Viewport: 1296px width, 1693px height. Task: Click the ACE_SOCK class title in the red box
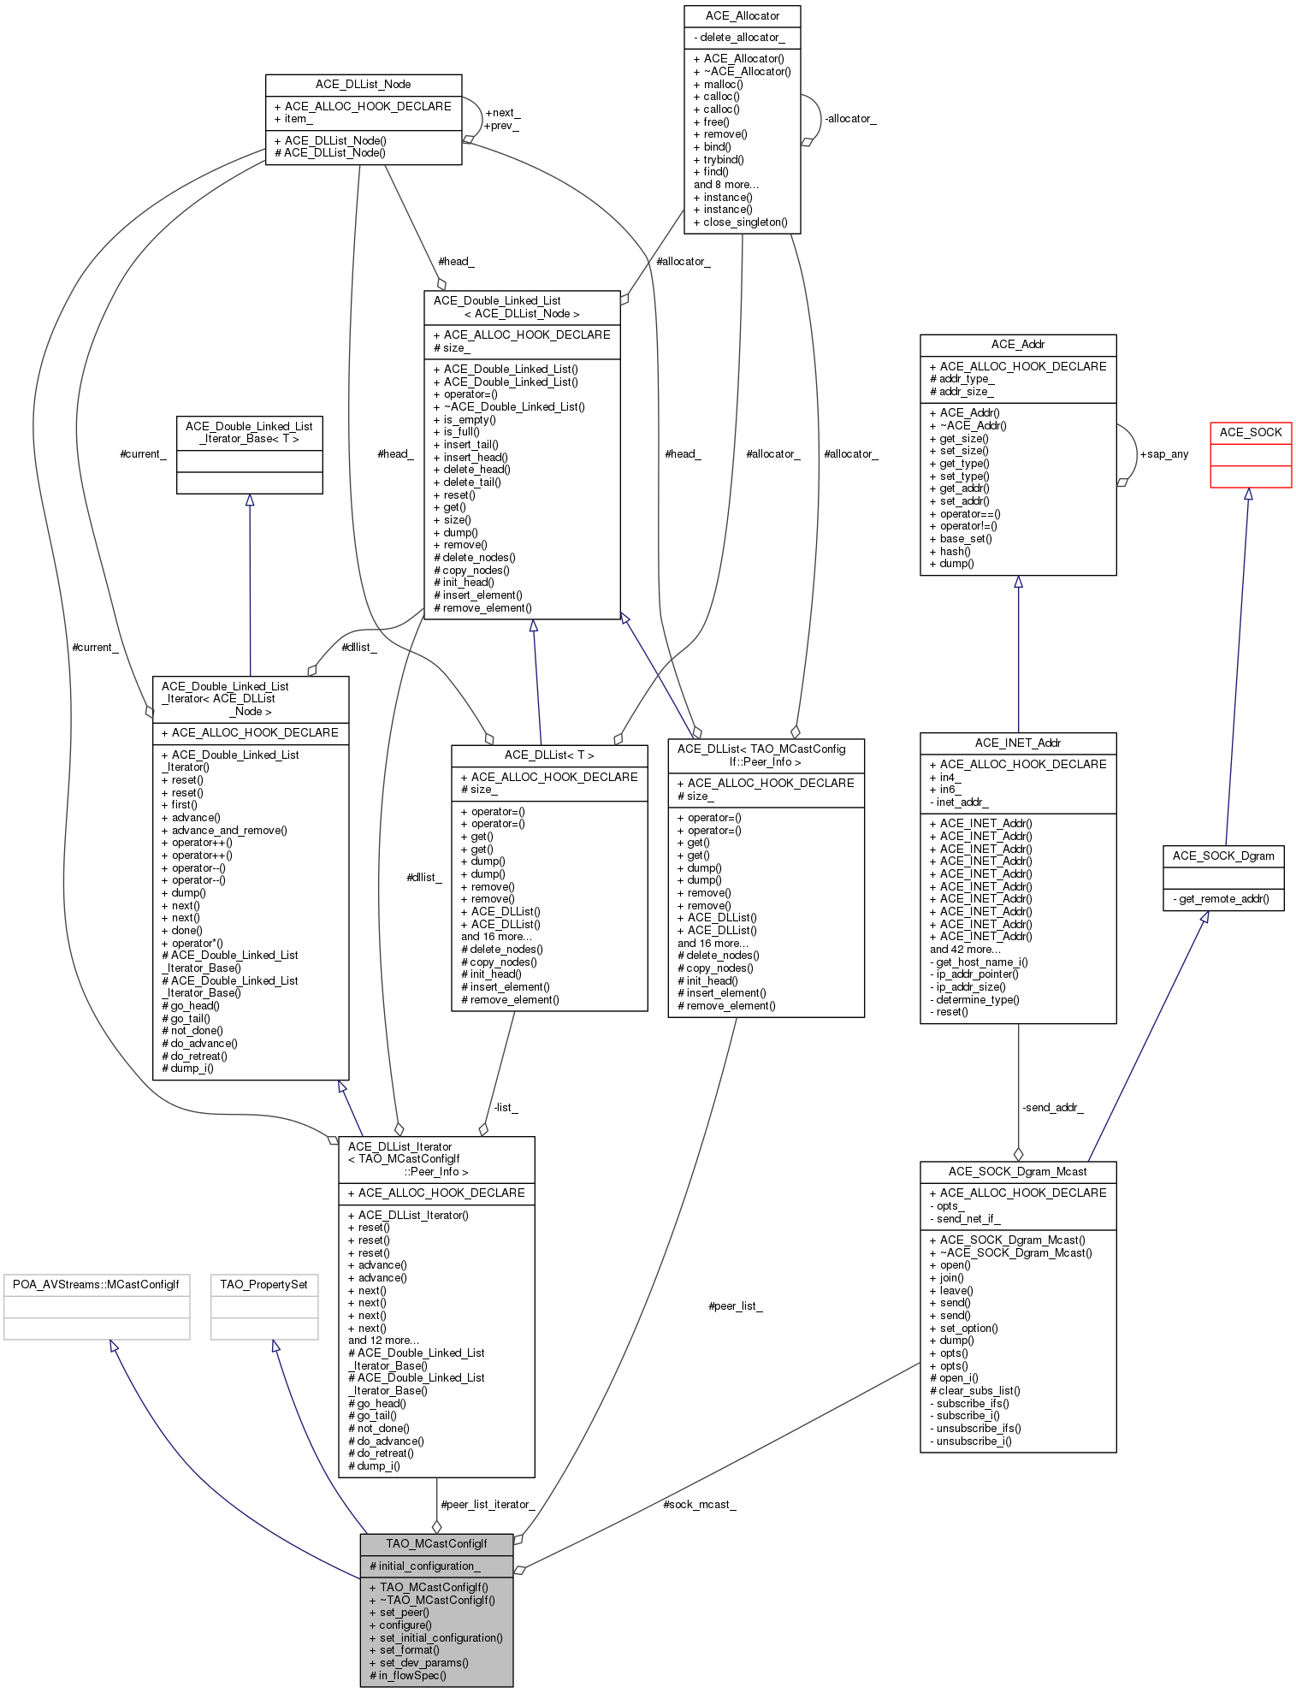(x=1250, y=432)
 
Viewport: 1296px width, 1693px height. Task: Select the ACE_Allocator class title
(x=742, y=16)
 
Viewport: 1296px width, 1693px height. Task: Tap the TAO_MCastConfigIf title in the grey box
(x=436, y=1543)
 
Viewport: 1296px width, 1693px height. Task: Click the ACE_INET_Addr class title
(x=1017, y=743)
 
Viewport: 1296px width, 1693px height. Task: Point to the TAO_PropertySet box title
(x=263, y=1284)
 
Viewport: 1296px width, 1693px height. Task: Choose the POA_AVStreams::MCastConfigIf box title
(x=96, y=1284)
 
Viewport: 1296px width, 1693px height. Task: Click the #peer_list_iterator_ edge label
(x=488, y=1504)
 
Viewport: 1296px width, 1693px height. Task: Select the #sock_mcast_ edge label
(x=699, y=1504)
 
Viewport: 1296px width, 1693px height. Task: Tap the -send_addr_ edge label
(x=1052, y=1107)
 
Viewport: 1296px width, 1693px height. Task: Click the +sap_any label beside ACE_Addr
(x=1163, y=454)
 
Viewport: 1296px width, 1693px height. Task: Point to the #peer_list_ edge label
(x=735, y=1306)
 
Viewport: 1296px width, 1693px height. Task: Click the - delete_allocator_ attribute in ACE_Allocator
(x=739, y=38)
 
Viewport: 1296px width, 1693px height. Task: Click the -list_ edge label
(x=506, y=1107)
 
